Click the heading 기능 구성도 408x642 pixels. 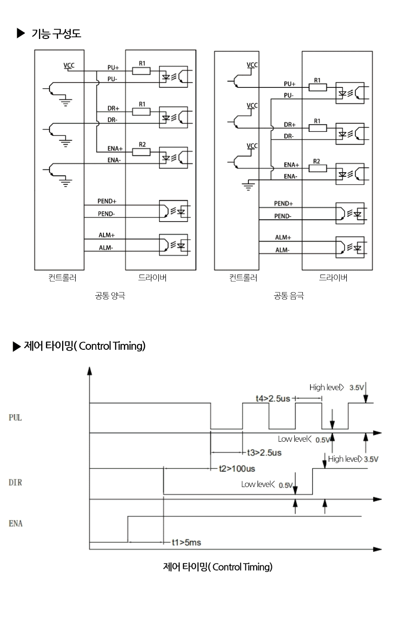pyautogui.click(x=56, y=34)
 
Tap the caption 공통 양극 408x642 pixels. pyautogui.click(x=110, y=295)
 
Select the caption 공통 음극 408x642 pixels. pyautogui.click(x=289, y=295)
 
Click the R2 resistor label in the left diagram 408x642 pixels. pyautogui.click(x=142, y=145)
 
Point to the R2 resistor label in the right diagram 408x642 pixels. pyautogui.click(x=316, y=161)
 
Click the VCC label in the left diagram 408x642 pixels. pyautogui.click(x=69, y=66)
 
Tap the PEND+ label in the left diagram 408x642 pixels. pyautogui.click(x=107, y=201)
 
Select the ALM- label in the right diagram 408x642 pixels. pyautogui.click(x=282, y=250)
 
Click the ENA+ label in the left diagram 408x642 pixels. pyautogui.click(x=115, y=149)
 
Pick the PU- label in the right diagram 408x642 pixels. pyautogui.click(x=289, y=96)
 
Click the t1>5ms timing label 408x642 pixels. pyautogui.click(x=186, y=542)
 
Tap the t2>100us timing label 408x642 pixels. pyautogui.click(x=237, y=468)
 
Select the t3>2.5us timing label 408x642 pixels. pyautogui.click(x=264, y=453)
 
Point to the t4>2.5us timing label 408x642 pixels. pyautogui.click(x=273, y=398)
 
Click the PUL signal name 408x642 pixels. pyautogui.click(x=15, y=418)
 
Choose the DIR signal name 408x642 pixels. pyautogui.click(x=15, y=483)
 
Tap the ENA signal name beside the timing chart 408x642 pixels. pyautogui.click(x=15, y=524)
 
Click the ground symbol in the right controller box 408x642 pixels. pyautogui.click(x=248, y=186)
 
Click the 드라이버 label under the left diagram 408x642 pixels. pyautogui.click(x=152, y=277)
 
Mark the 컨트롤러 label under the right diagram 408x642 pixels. pyautogui.click(x=243, y=277)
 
